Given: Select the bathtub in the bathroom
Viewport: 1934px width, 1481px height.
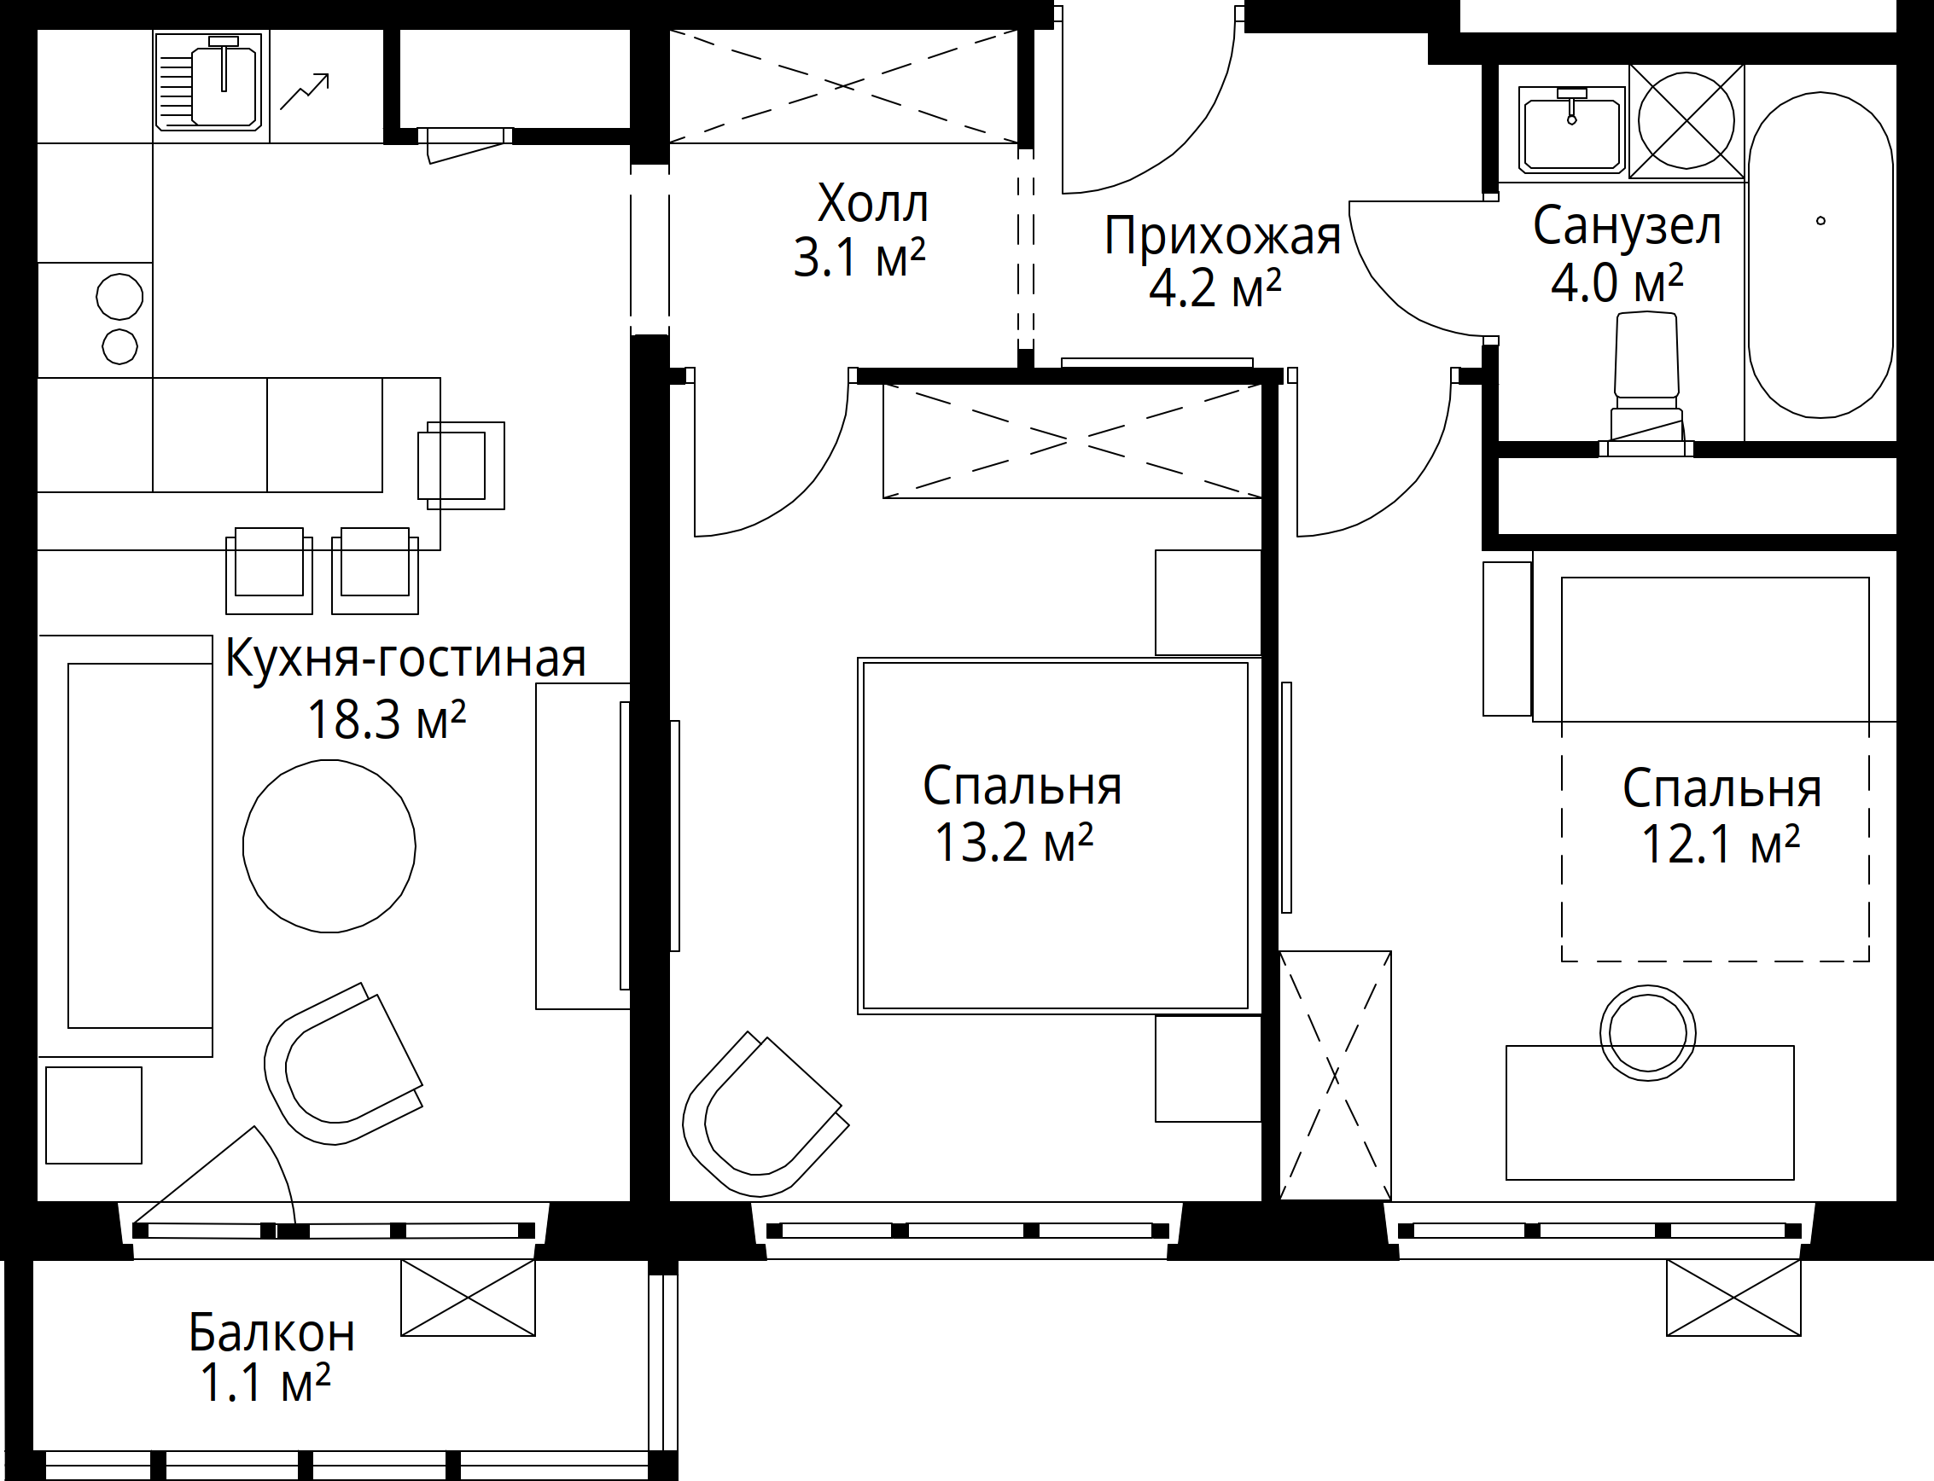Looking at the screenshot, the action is click(1820, 256).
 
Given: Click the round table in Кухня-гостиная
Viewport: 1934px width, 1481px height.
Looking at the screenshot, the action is click(329, 846).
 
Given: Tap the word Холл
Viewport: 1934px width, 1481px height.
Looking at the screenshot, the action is click(872, 205).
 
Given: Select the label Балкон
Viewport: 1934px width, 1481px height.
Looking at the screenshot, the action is click(271, 1333).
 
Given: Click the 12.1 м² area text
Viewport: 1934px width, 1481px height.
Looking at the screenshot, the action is click(1721, 844).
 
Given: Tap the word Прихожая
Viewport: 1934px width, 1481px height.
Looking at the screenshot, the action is click(1222, 236).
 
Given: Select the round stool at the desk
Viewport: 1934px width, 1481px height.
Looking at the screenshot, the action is click(1647, 1033).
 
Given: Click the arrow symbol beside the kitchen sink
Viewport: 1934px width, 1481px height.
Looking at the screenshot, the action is click(304, 91).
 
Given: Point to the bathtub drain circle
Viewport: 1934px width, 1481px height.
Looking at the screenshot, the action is click(1820, 221).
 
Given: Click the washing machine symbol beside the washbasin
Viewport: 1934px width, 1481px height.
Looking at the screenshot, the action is click(1686, 122).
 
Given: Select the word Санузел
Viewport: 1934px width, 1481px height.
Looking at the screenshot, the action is click(1627, 226).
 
